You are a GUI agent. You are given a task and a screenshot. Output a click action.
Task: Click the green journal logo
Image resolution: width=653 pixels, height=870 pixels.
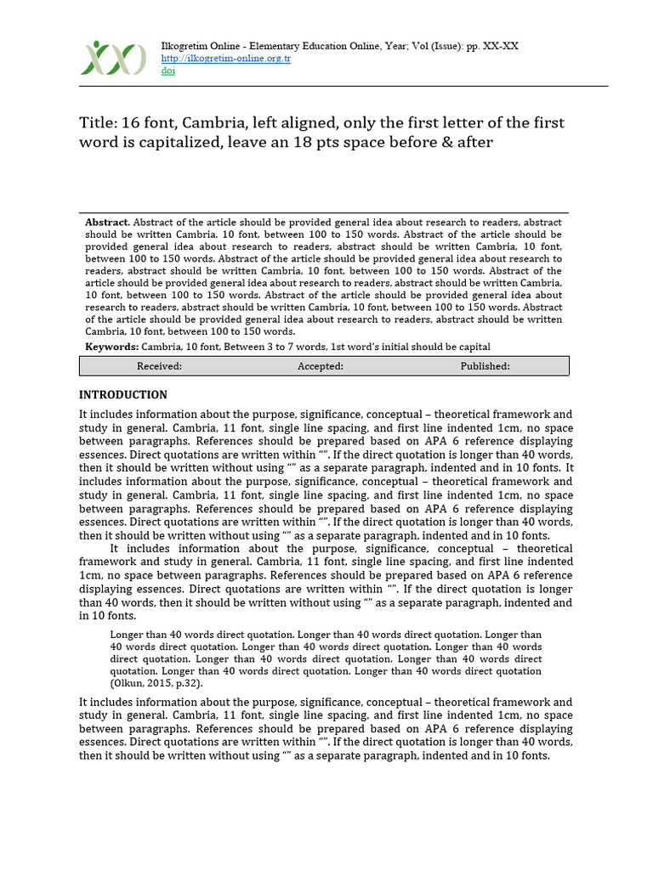[113, 58]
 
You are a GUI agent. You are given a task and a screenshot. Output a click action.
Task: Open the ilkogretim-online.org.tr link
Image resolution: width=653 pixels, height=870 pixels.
[226, 59]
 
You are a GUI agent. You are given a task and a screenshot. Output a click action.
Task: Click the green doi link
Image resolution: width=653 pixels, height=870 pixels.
[168, 71]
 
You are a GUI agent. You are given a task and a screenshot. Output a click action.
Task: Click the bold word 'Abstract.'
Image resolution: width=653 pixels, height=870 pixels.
[108, 222]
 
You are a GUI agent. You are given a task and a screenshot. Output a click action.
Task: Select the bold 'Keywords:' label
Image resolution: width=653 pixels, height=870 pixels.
[111, 347]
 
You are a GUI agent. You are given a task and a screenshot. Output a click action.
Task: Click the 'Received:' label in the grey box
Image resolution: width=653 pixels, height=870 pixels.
[159, 366]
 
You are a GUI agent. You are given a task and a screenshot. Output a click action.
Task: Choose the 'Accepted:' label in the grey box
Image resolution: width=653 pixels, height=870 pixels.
[320, 366]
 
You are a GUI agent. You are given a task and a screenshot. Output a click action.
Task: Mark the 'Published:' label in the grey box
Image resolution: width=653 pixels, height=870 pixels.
[485, 366]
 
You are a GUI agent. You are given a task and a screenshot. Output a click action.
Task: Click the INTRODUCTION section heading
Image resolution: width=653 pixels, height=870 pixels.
[123, 395]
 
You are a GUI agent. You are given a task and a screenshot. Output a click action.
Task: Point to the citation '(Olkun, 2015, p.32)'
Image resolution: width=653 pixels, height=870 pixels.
[157, 682]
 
